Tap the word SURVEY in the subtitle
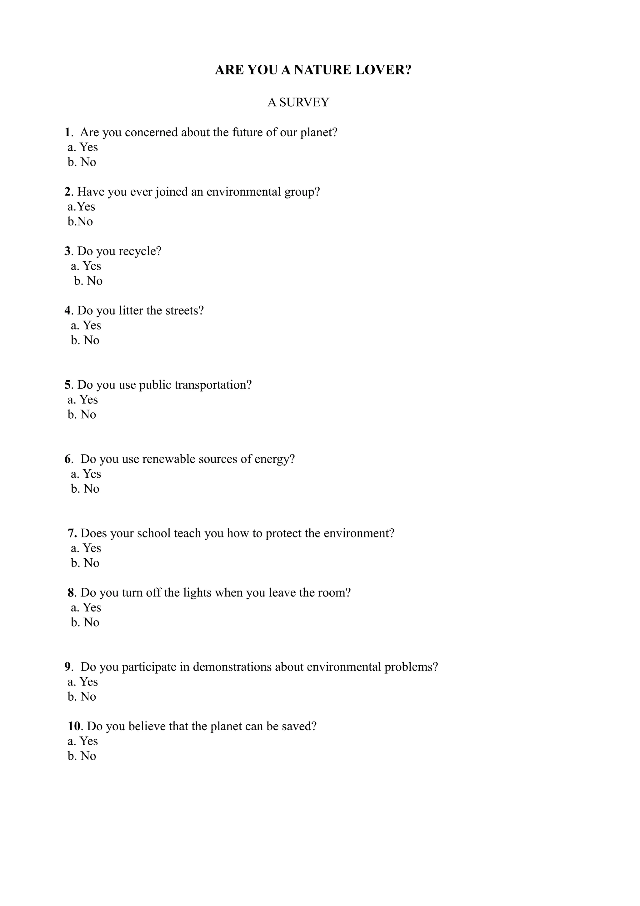[304, 103]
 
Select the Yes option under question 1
[88, 147]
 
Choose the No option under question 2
[85, 221]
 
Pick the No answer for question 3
[95, 281]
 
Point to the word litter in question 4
[131, 310]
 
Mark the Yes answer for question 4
[92, 325]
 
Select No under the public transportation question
[88, 415]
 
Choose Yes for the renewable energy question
[92, 474]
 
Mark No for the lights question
[92, 623]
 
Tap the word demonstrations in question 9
[232, 667]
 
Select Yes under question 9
[88, 682]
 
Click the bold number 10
[74, 726]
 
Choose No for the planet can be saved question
[88, 756]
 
